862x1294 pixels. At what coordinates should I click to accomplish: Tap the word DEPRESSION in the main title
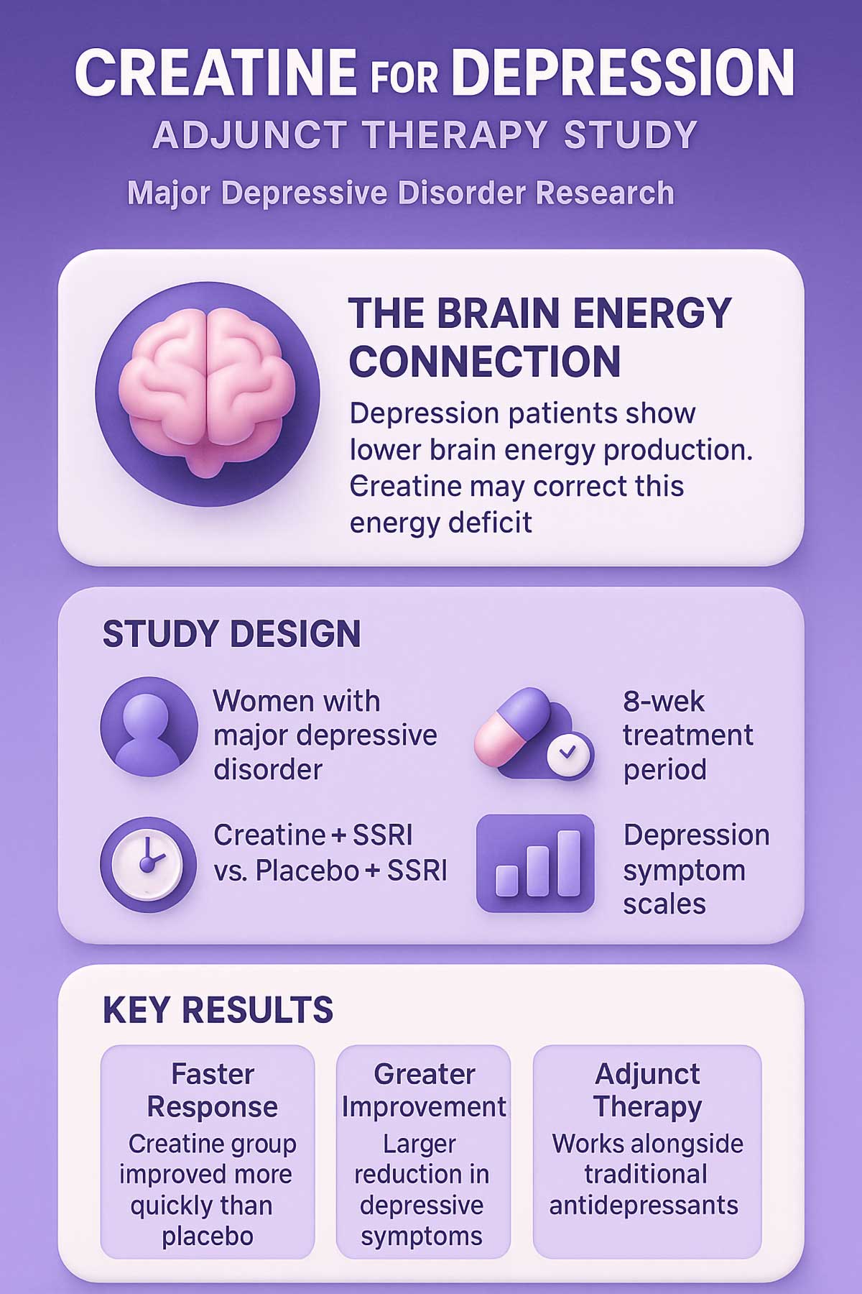[x=624, y=73]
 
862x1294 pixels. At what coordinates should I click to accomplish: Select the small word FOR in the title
[x=404, y=77]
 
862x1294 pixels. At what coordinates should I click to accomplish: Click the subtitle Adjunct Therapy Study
[x=425, y=135]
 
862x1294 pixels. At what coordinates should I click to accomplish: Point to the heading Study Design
[x=231, y=634]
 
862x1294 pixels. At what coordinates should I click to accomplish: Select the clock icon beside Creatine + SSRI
[x=148, y=864]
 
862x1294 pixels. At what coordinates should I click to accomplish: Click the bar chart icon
[x=535, y=863]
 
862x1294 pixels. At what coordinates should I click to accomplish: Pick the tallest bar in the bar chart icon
[x=568, y=863]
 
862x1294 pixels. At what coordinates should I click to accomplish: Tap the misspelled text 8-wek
[x=664, y=701]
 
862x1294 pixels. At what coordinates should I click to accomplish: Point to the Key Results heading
[x=218, y=1010]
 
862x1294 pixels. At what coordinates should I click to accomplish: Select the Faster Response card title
[x=213, y=1091]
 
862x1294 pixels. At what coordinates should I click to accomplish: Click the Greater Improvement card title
[x=424, y=1091]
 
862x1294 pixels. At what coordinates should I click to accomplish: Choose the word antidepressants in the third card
[x=644, y=1205]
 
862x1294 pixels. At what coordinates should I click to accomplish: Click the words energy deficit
[x=441, y=523]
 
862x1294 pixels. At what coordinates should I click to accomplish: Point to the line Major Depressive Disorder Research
[x=401, y=193]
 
